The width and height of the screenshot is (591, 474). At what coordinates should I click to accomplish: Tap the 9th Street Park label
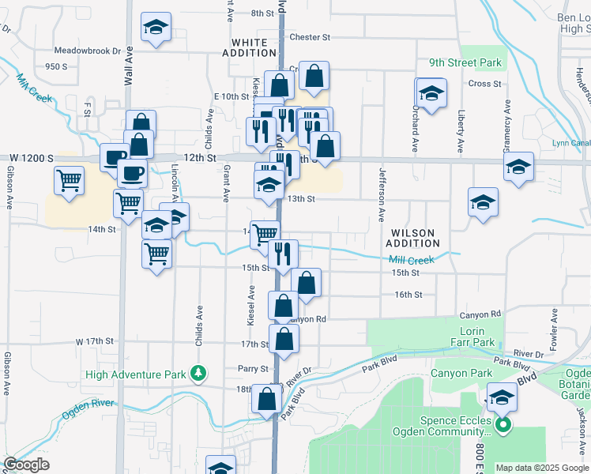click(x=476, y=62)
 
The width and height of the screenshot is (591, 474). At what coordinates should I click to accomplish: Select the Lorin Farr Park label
click(x=471, y=343)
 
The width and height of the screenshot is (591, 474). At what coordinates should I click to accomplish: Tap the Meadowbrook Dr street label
click(x=93, y=50)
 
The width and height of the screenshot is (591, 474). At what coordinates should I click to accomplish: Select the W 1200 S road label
click(x=27, y=158)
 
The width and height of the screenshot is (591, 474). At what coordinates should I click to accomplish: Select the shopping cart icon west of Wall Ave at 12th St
click(x=70, y=181)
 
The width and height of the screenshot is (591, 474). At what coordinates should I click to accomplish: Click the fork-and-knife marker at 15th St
click(x=282, y=254)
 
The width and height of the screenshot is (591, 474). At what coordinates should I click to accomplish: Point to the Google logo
click(x=27, y=465)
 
